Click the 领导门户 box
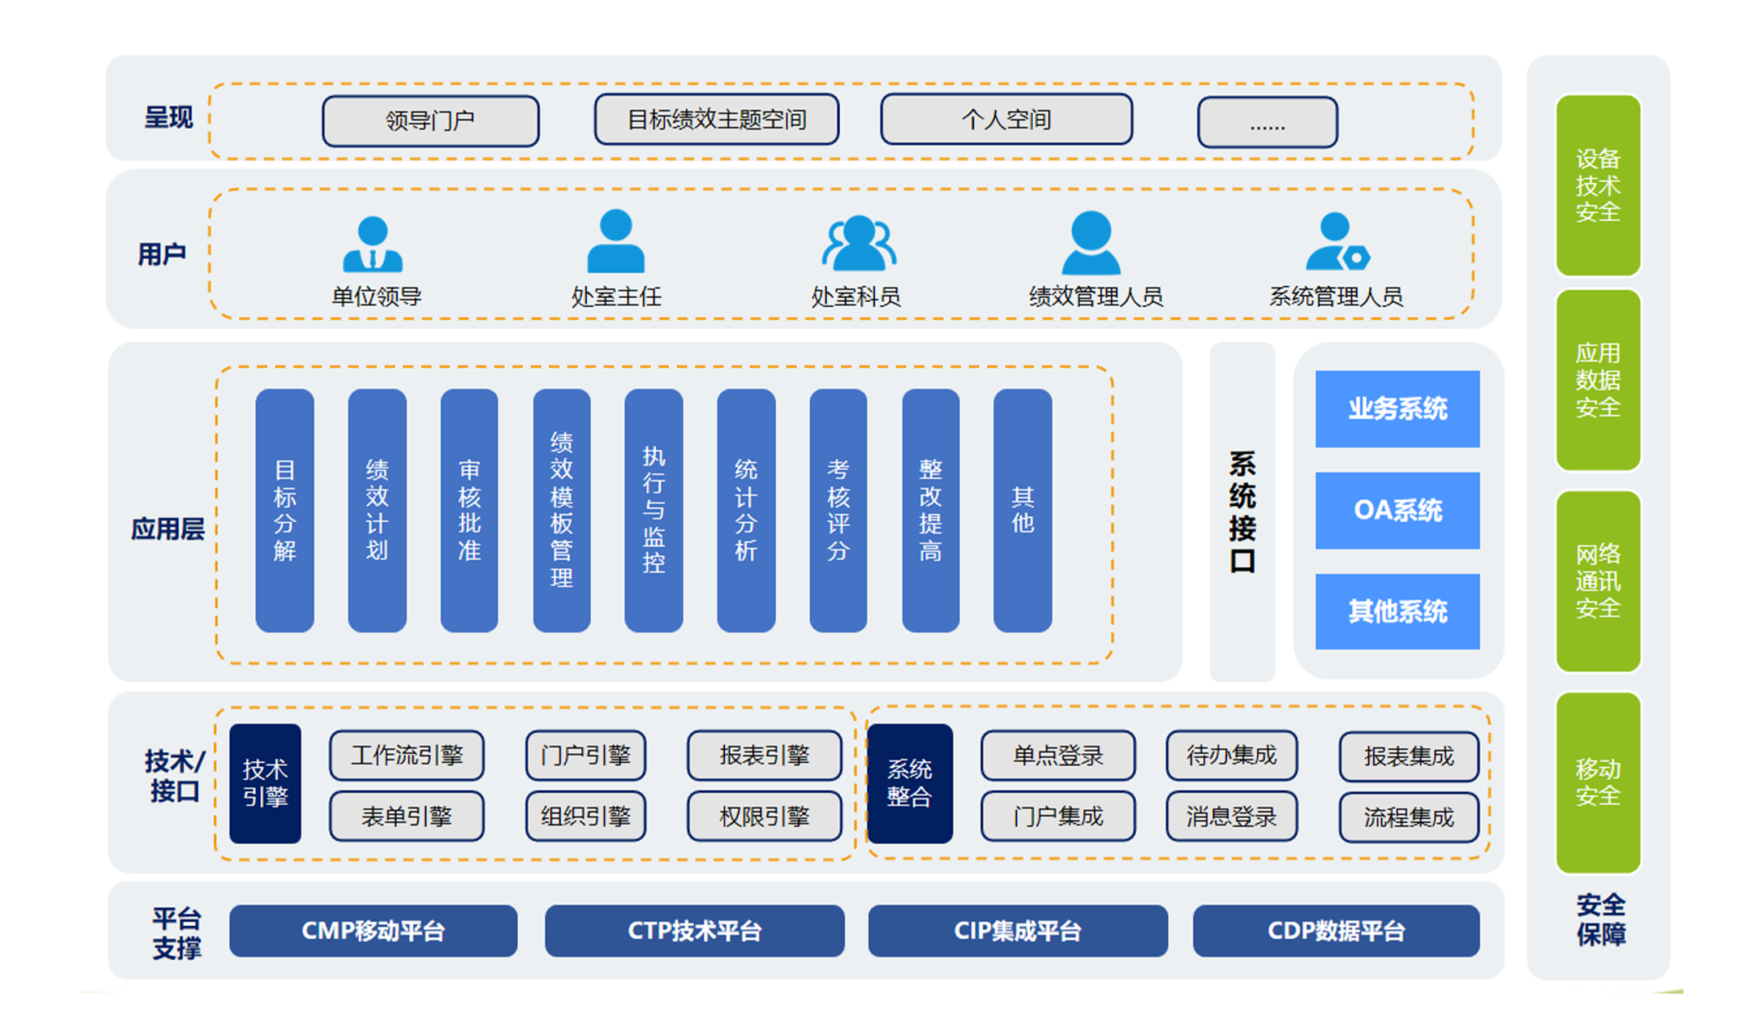click(x=430, y=121)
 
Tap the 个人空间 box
click(x=1006, y=119)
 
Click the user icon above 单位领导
click(x=373, y=245)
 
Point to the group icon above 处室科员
click(x=858, y=243)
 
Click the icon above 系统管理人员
click(x=1336, y=243)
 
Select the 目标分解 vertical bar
click(x=285, y=510)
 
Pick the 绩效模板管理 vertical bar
click(x=561, y=510)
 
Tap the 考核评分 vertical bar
click(x=838, y=510)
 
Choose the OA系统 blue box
click(x=1397, y=510)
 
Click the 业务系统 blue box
click(x=1397, y=409)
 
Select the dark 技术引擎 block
click(x=265, y=783)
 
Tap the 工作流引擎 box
click(x=406, y=755)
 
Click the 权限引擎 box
click(x=764, y=815)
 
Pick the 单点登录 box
click(x=1057, y=755)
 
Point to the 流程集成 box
click(x=1408, y=816)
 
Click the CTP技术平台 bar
click(x=694, y=930)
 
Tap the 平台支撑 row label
click(x=177, y=933)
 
